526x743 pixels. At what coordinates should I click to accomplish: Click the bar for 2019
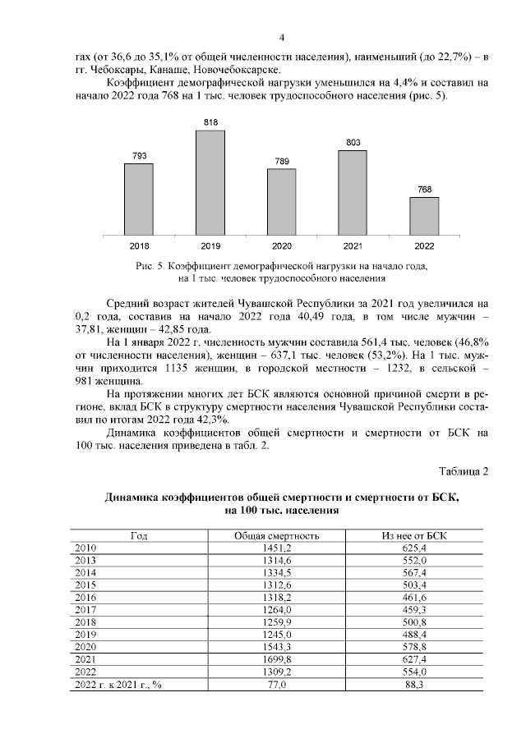tap(210, 182)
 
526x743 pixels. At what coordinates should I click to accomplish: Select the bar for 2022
tap(424, 215)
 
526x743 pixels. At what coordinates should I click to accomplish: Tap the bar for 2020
tap(282, 201)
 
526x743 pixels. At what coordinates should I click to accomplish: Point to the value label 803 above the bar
tap(353, 143)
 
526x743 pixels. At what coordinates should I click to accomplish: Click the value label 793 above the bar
tap(139, 156)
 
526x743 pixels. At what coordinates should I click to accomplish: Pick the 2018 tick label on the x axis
tap(139, 245)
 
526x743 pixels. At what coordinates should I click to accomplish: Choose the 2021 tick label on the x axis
tap(353, 245)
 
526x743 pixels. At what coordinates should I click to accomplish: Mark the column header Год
tap(139, 535)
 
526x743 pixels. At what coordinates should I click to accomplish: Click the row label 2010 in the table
tap(85, 548)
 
